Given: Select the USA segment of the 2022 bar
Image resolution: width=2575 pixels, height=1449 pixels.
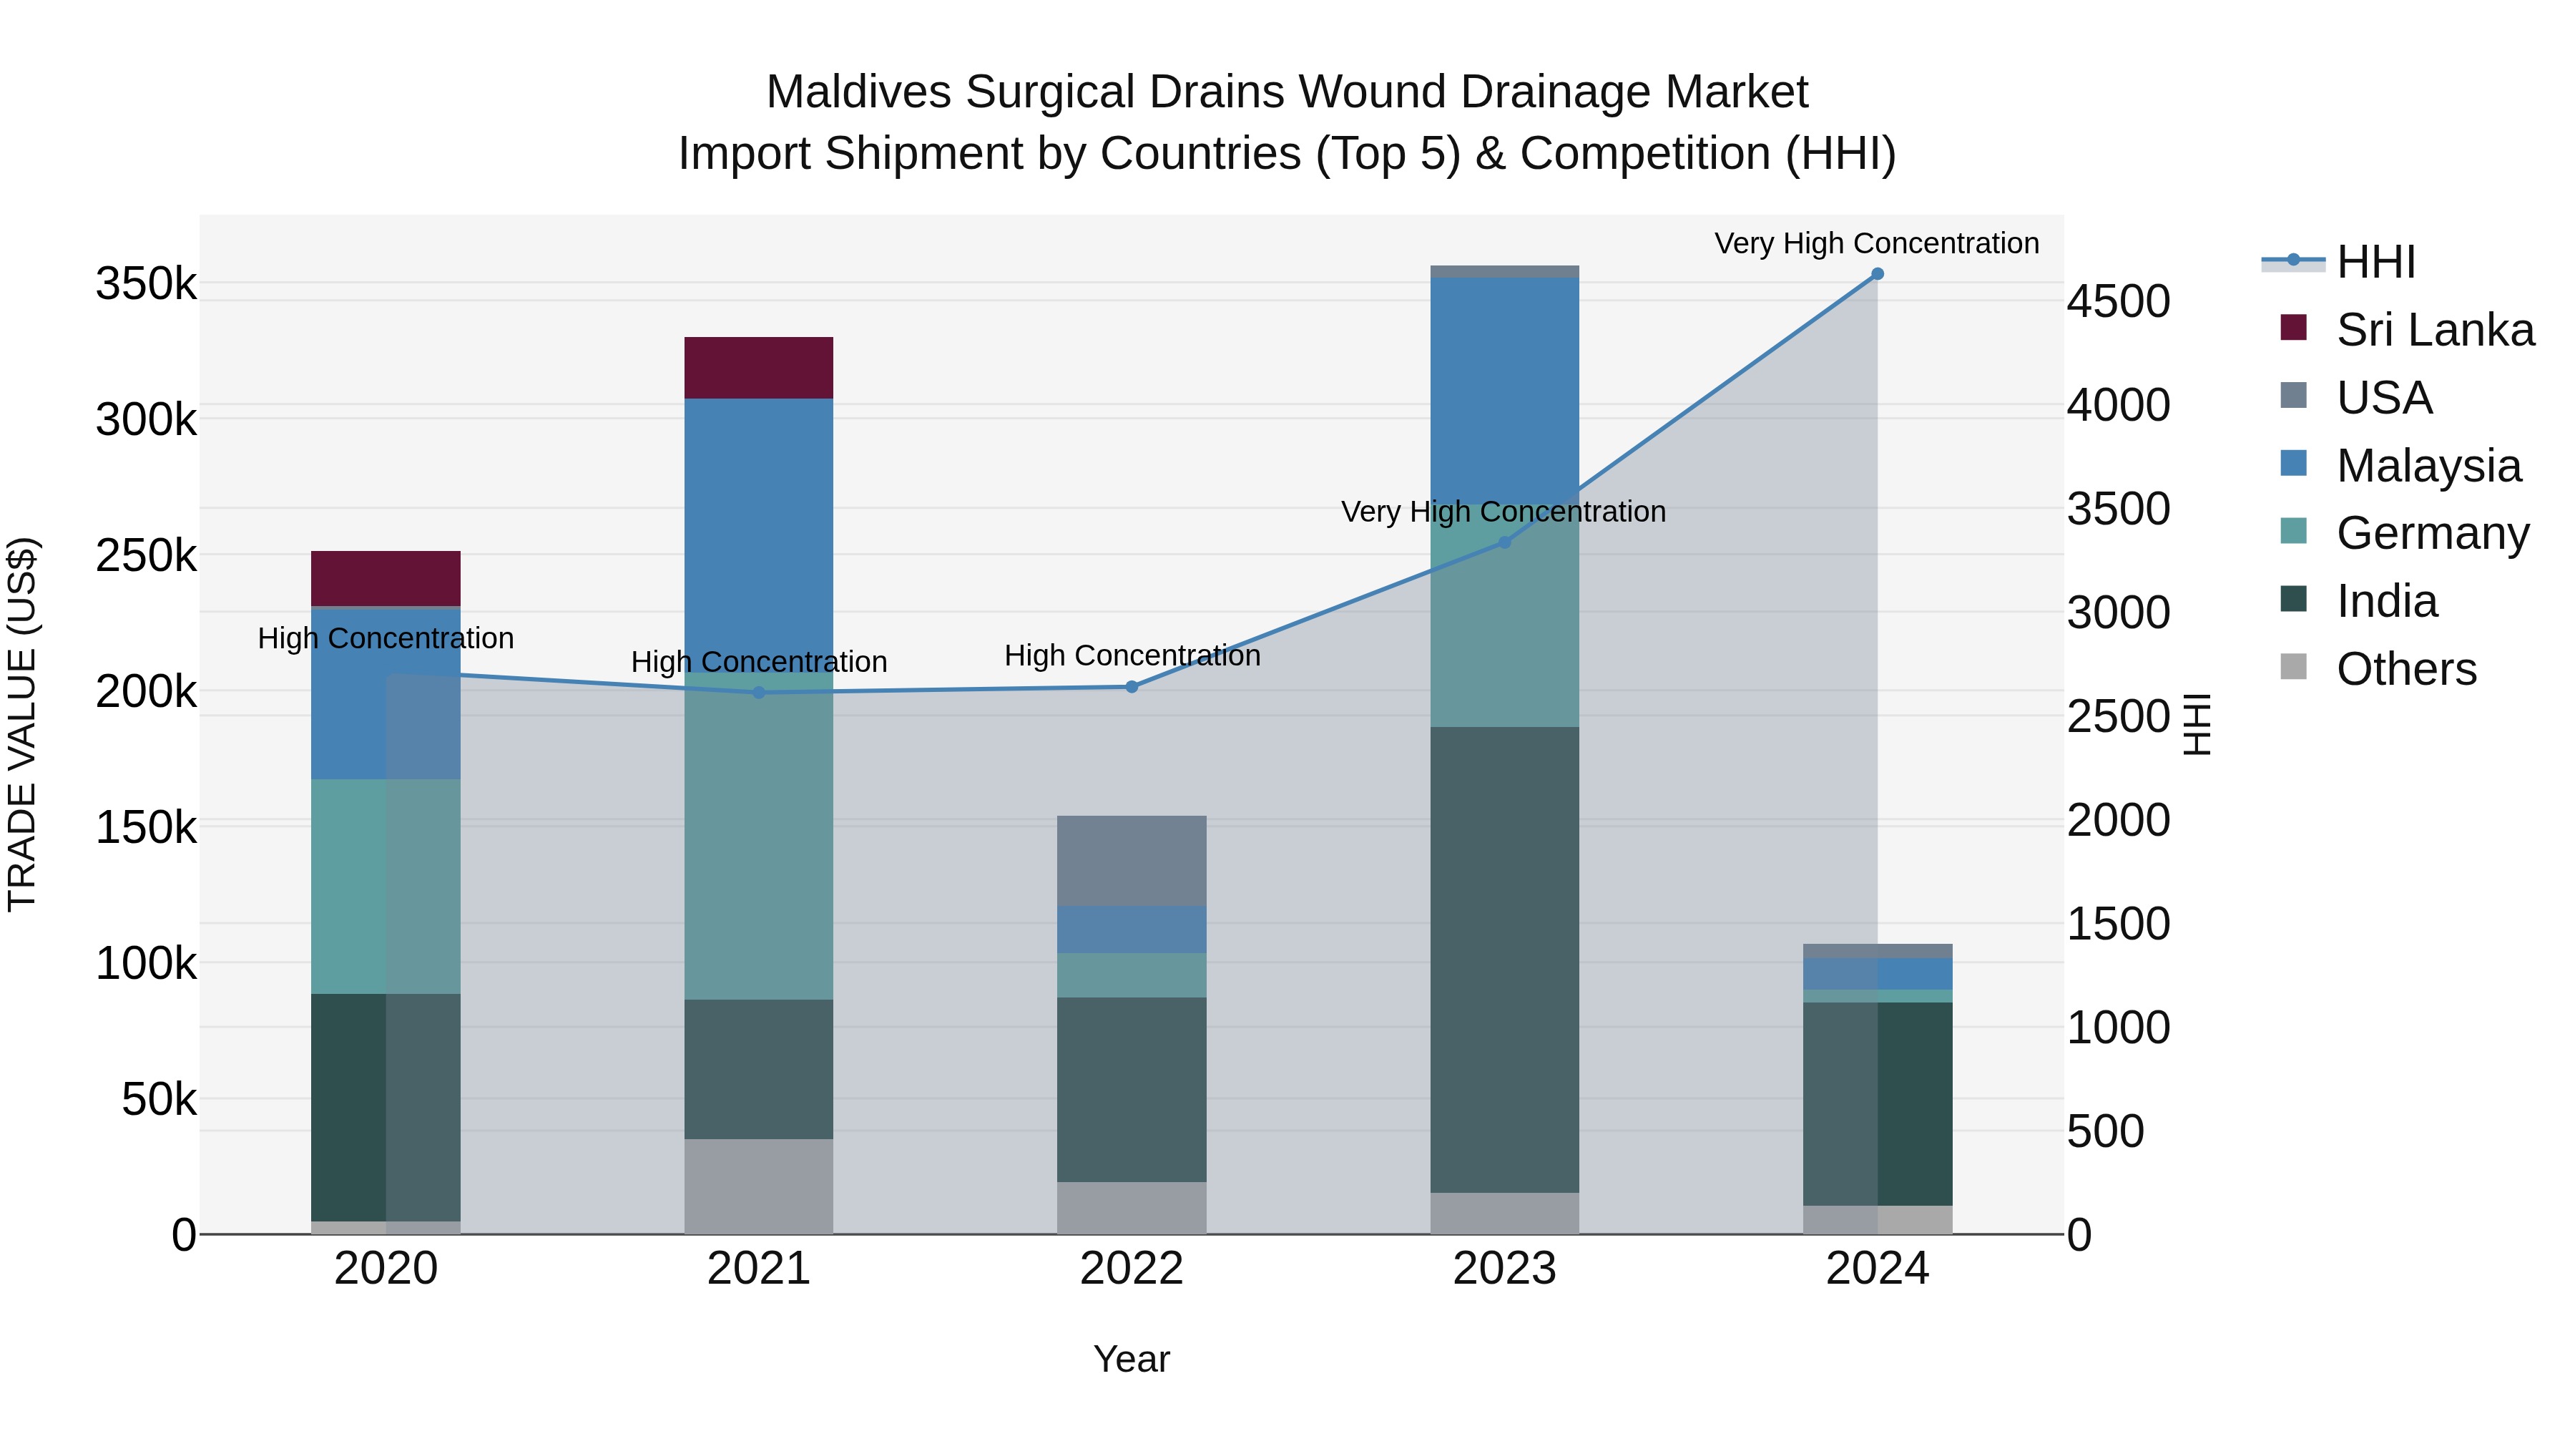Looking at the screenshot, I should point(1132,861).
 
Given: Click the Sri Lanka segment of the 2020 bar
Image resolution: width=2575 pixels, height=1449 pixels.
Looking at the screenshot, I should point(385,578).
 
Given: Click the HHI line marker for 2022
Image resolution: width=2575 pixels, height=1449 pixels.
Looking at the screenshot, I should point(1132,687).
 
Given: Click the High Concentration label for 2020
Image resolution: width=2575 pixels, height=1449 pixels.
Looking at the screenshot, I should point(385,638).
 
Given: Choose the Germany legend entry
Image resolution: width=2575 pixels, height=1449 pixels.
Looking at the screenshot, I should point(2431,533).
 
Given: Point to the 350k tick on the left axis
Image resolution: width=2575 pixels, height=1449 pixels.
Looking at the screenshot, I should point(146,284).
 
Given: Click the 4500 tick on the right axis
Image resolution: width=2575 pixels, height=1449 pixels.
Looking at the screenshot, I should point(2118,302).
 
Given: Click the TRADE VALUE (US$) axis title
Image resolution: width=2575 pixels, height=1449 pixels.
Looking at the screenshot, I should point(22,724).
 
